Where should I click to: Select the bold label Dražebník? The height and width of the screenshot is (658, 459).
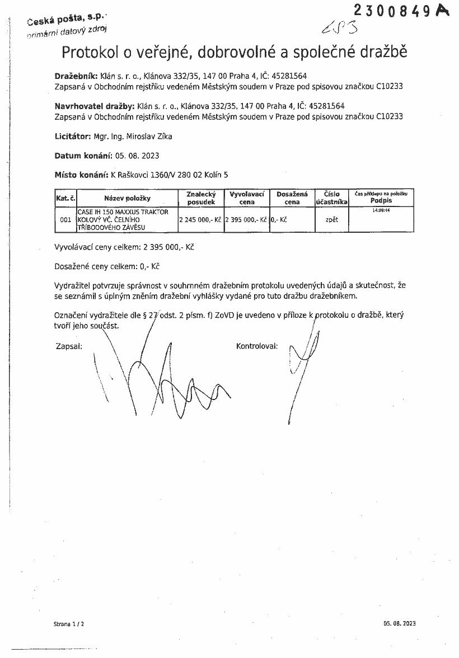point(76,76)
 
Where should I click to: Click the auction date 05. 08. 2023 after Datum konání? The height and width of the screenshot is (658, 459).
point(137,156)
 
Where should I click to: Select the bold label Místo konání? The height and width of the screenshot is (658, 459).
point(81,175)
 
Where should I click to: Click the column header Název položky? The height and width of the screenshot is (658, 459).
point(127,198)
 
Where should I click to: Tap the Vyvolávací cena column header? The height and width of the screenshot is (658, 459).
point(247,198)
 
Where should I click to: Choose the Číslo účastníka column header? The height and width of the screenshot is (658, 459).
point(331,198)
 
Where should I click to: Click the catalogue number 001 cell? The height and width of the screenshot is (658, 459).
point(65,220)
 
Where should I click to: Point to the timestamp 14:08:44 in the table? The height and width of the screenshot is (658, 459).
point(381,210)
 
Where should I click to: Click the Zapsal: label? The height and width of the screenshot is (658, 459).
point(69,346)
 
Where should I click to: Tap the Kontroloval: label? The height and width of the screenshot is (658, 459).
point(257,346)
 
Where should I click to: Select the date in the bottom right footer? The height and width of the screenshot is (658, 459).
point(400,623)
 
